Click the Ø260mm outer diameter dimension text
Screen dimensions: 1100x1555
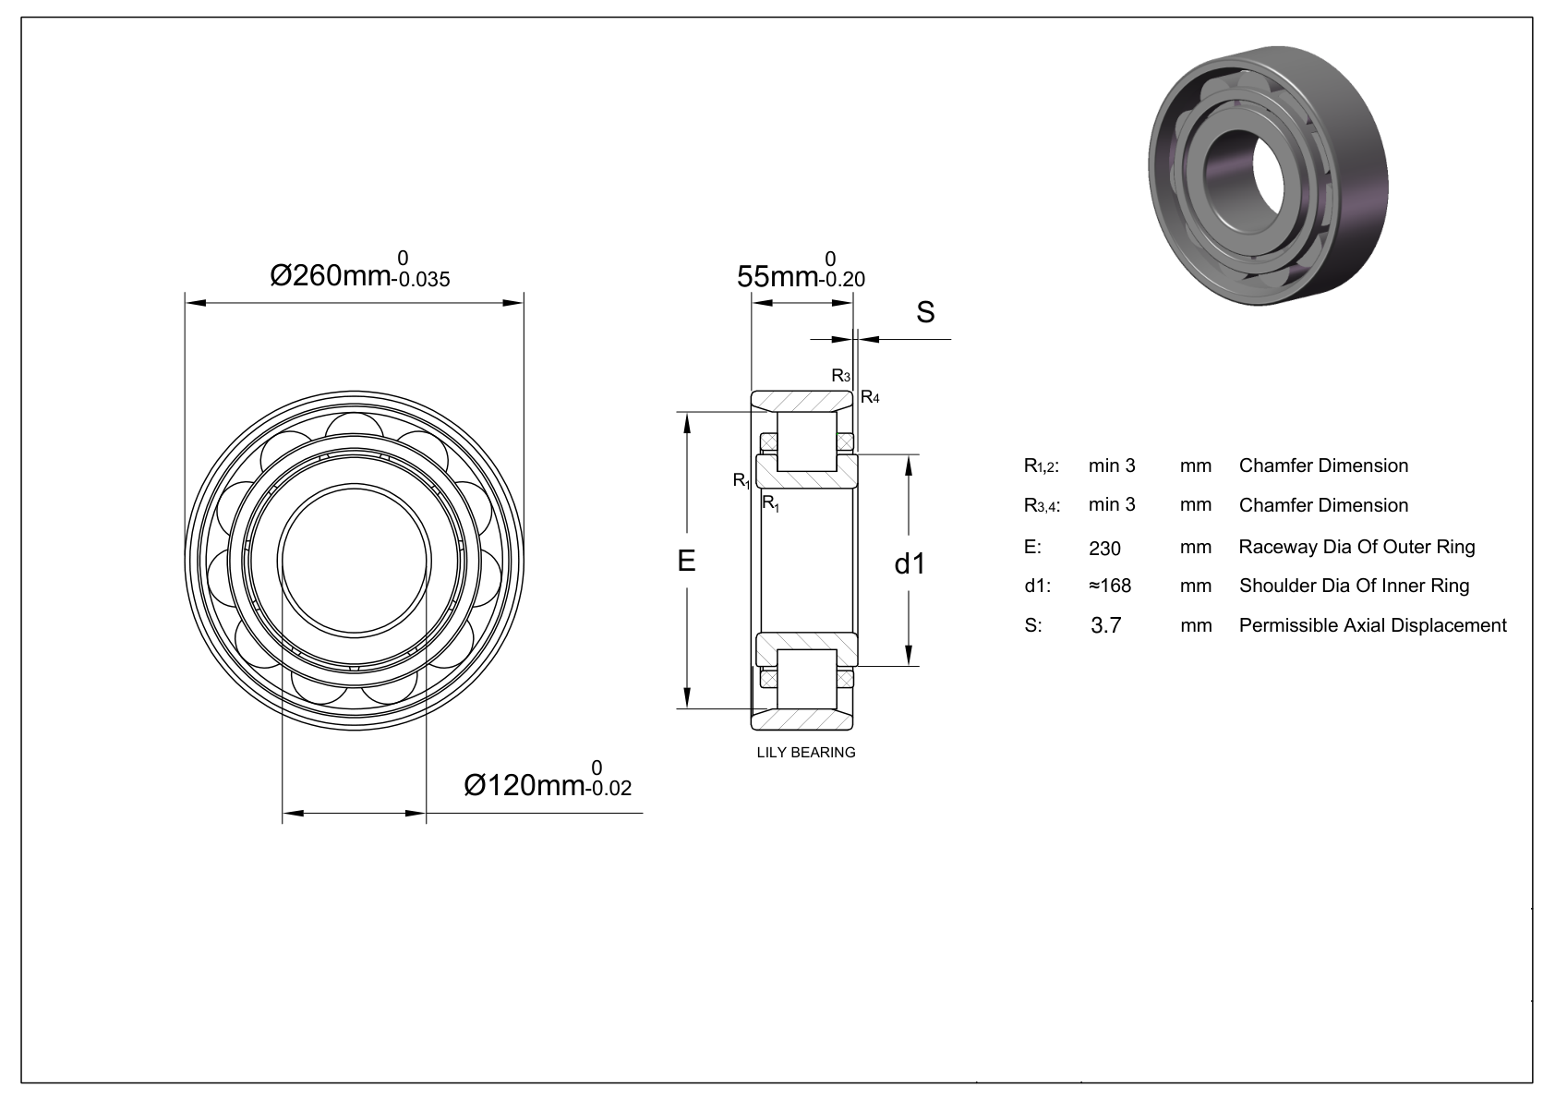[330, 274]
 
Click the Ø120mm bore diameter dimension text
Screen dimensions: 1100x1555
[523, 785]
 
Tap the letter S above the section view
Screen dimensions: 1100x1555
[925, 312]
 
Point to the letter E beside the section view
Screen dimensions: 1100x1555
[686, 561]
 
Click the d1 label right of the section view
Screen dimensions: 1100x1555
[910, 562]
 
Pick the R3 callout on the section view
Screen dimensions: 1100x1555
[840, 375]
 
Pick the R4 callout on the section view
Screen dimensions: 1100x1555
[870, 397]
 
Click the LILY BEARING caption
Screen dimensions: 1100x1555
[806, 752]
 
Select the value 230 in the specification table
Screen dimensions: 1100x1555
[1104, 549]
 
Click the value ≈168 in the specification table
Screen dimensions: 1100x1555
[1109, 586]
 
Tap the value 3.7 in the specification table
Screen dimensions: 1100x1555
[1106, 625]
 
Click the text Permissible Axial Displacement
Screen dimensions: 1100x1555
[1372, 625]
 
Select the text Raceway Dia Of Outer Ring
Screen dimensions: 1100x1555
[1356, 547]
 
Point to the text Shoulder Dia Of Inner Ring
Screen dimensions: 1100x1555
[1354, 586]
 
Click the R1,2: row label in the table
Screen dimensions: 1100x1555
[1042, 466]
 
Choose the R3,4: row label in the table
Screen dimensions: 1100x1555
[1042, 506]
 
